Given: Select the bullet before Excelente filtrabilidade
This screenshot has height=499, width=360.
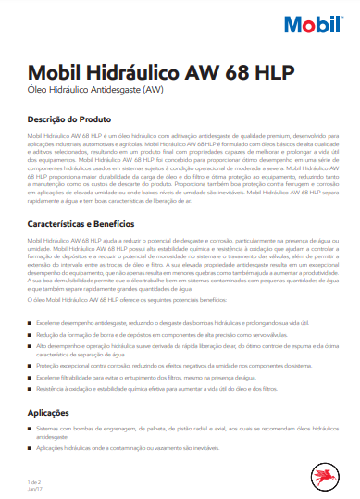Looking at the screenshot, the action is [x=31, y=378].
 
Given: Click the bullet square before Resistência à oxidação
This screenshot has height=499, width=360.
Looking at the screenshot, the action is [x=31, y=389].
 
